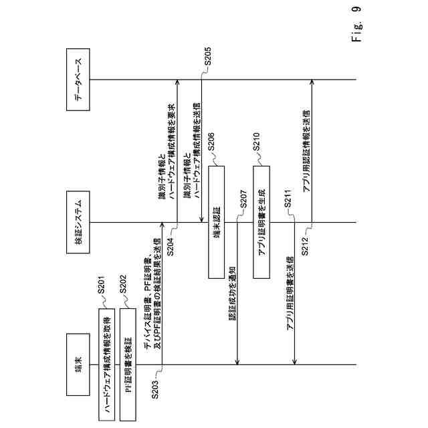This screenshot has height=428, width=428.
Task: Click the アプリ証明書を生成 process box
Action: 263,222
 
